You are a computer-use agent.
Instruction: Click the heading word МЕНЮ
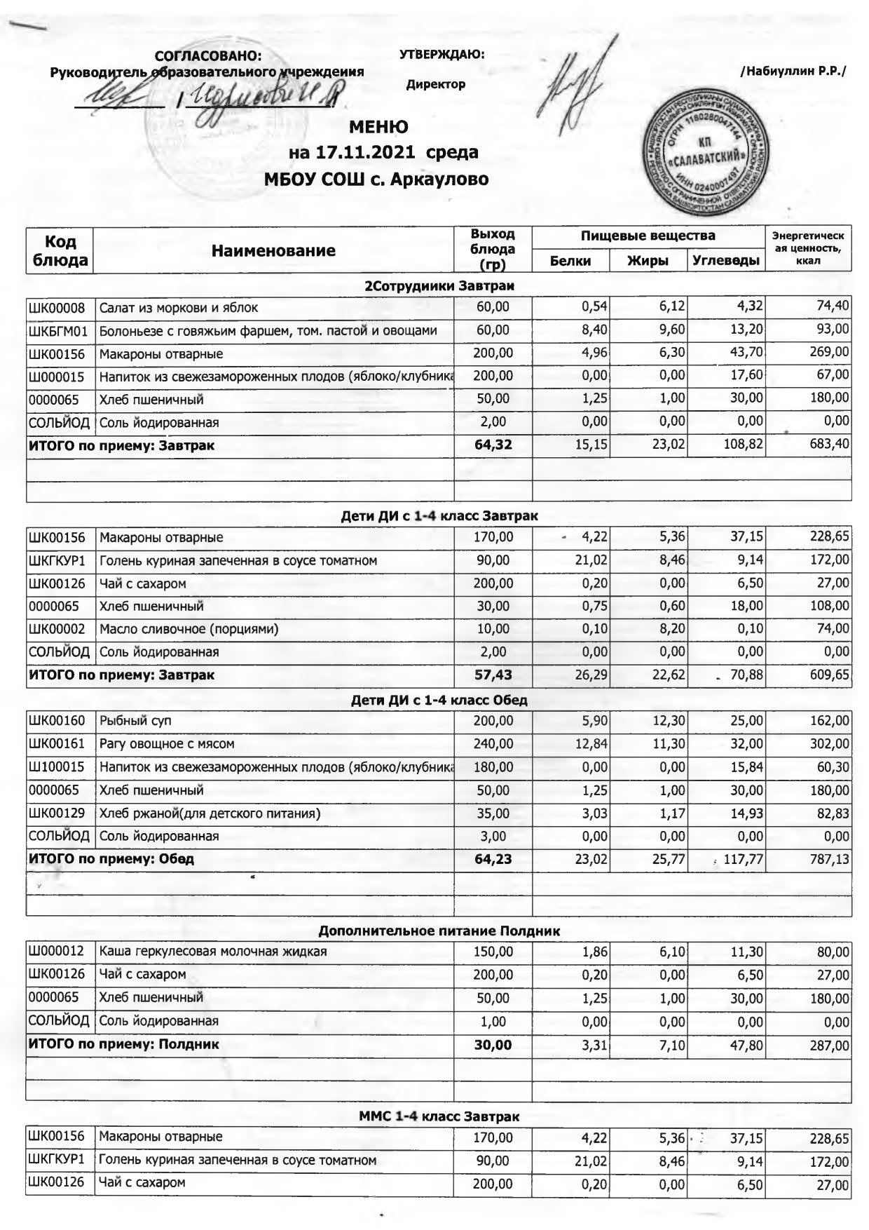378,127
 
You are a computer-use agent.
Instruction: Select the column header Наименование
273,250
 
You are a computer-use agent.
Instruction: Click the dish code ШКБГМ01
57,330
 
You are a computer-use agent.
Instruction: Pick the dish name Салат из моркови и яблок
178,307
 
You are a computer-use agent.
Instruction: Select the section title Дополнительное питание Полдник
439,931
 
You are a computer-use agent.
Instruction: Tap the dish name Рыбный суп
135,720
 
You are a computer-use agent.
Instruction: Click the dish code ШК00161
57,743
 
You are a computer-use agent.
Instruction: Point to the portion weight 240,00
493,743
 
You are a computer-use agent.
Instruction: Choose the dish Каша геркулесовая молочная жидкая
213,952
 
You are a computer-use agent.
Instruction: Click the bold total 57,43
493,675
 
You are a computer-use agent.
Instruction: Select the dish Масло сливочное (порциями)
189,628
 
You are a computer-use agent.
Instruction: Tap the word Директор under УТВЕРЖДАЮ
435,85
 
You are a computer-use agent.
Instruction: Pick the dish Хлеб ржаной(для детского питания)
210,813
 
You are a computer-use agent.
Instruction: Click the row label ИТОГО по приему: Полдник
123,1043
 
